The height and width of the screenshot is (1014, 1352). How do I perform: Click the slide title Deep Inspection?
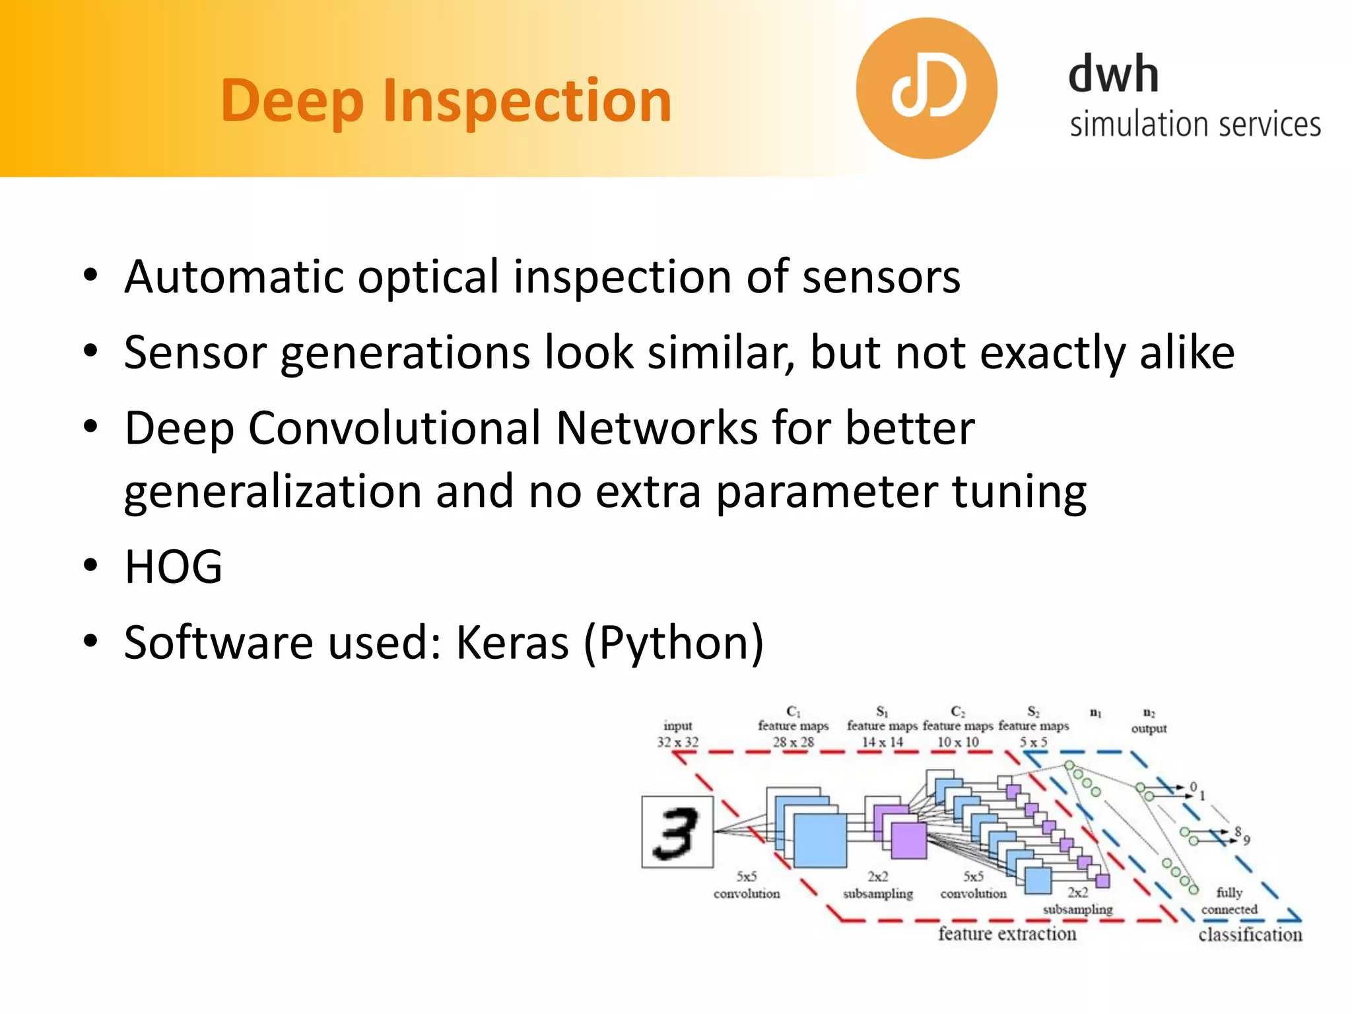click(x=446, y=101)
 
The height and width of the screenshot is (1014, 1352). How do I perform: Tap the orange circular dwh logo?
click(x=926, y=88)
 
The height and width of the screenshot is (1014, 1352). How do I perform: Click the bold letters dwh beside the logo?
click(x=1113, y=74)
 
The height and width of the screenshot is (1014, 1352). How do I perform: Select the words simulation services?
click(x=1195, y=124)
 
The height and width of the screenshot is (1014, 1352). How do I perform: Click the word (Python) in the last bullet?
click(x=673, y=643)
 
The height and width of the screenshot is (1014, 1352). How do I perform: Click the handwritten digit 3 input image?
click(x=677, y=832)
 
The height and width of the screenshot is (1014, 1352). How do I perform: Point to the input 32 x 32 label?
click(x=677, y=734)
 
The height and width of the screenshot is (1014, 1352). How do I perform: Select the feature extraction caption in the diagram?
click(x=1007, y=933)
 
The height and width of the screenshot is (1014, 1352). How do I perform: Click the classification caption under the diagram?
click(x=1250, y=935)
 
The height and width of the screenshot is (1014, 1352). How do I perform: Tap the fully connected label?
click(x=1229, y=901)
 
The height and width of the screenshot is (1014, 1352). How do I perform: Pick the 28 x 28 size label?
click(x=794, y=742)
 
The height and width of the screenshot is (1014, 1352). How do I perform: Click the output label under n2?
click(x=1149, y=728)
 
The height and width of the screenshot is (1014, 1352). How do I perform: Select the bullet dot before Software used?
click(x=91, y=640)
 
